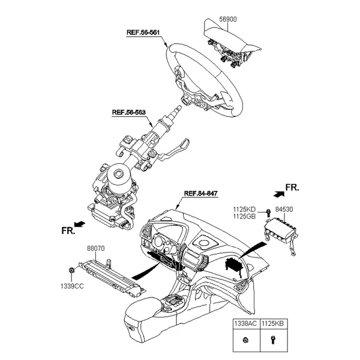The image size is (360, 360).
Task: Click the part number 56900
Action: click(226, 19)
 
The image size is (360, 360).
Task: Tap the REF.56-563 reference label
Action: click(128, 112)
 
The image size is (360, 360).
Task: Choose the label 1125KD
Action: click(244, 209)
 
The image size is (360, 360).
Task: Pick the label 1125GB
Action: click(244, 216)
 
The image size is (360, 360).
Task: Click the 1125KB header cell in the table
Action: click(272, 323)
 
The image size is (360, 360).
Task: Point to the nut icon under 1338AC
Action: click(246, 341)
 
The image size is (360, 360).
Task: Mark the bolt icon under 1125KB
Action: click(272, 341)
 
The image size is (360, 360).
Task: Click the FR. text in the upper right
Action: click(291, 188)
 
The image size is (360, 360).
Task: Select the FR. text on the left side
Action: click(68, 230)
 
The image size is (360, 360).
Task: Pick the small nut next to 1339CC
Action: click(71, 271)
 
